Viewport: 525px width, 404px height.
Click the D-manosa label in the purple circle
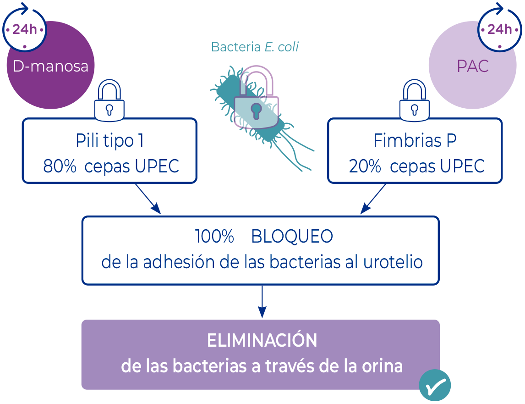click(x=50, y=66)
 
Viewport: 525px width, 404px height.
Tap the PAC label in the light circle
click(x=473, y=66)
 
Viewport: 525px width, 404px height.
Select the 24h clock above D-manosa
click(x=25, y=29)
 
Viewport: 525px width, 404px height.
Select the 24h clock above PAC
click(x=499, y=29)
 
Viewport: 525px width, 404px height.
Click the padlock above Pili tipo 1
click(x=109, y=101)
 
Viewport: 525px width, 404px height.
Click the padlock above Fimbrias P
click(x=415, y=101)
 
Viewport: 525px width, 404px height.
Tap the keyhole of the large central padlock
click(x=256, y=110)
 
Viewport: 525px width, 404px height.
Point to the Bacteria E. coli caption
click(x=255, y=47)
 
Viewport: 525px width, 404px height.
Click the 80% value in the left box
click(x=60, y=166)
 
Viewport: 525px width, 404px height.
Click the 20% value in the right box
click(x=365, y=166)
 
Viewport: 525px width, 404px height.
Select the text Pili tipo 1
click(x=110, y=141)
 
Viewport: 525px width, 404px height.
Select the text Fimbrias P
click(x=415, y=141)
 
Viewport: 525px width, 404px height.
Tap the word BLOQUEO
click(x=292, y=237)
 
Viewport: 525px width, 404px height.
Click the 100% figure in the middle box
click(x=215, y=237)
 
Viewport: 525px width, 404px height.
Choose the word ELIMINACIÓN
click(x=262, y=341)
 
